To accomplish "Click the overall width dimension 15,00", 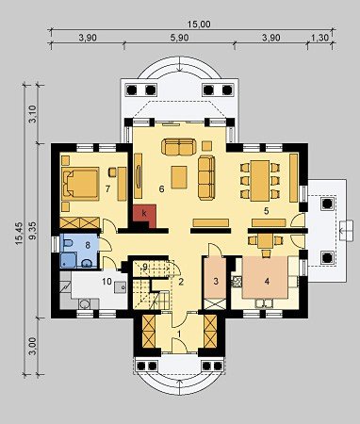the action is tap(199, 24).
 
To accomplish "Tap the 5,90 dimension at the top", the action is tap(179, 38).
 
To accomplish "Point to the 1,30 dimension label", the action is tap(319, 38).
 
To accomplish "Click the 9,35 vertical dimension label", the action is tap(33, 231).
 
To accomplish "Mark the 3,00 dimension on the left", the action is tap(33, 346).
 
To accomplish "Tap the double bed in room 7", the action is tap(80, 184).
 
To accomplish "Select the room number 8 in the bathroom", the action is tap(88, 245).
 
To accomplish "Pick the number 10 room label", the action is tap(106, 282).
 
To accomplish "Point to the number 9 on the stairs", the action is tap(144, 267).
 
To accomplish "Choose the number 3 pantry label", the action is tap(216, 282).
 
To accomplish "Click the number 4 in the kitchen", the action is tap(267, 282).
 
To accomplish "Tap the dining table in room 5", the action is tap(260, 181).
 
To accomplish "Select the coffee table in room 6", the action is tap(179, 177).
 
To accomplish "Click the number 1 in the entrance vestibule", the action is tap(179, 334).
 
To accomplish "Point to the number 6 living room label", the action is tap(161, 189).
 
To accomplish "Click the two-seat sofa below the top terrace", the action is tap(179, 147).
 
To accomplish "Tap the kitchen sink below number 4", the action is tap(264, 302).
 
